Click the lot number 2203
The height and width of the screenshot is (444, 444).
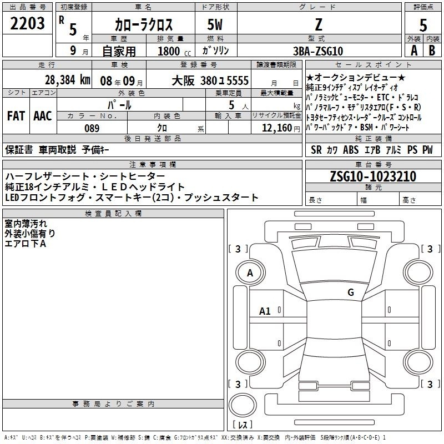(x=27, y=23)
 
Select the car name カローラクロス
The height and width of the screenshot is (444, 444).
(x=144, y=24)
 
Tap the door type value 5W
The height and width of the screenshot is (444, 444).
(x=215, y=24)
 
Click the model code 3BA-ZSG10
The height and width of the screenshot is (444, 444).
(x=318, y=51)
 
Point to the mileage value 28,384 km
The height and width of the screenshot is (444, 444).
(x=67, y=80)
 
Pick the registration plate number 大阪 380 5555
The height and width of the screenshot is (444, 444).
(x=210, y=81)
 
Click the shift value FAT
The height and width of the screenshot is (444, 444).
(x=16, y=116)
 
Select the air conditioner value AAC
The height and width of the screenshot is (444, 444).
(x=43, y=116)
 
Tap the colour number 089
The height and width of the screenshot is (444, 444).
(x=92, y=128)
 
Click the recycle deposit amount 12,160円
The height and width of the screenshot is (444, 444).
(x=281, y=128)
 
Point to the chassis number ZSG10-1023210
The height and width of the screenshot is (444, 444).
(x=373, y=176)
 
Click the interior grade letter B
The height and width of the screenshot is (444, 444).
(x=432, y=51)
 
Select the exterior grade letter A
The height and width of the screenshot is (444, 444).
(x=414, y=51)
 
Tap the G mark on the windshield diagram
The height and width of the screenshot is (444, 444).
(x=351, y=292)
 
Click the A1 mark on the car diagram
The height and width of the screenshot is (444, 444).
(x=265, y=311)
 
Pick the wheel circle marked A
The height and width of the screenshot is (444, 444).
(x=250, y=273)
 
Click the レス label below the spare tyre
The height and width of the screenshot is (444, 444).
(x=243, y=425)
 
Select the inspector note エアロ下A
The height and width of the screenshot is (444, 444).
(x=25, y=244)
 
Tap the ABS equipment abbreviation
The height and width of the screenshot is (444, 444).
(x=351, y=150)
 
